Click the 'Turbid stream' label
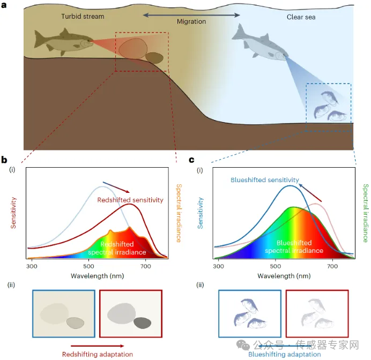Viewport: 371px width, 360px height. [83, 16]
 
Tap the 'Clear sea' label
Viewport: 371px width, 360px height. [301, 17]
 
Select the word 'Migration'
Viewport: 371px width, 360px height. [191, 21]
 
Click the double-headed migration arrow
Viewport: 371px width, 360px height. [191, 15]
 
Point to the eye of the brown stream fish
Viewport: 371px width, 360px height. [89, 41]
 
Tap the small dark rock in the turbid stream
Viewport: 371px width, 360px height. [154, 58]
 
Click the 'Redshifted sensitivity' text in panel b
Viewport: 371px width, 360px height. [130, 200]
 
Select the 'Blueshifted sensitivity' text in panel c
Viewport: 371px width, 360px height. [265, 180]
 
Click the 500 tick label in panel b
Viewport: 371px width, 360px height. [88, 266]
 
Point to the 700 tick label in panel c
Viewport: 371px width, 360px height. [332, 266]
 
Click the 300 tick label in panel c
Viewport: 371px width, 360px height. [218, 266]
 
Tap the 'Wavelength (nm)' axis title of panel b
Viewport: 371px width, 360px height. [97, 276]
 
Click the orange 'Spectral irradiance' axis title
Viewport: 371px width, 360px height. [179, 213]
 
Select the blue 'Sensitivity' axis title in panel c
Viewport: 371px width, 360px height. [201, 213]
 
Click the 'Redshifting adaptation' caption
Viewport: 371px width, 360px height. [98, 354]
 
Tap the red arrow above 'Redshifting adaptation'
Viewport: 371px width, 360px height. [98, 346]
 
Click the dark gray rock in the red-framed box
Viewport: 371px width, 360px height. [143, 323]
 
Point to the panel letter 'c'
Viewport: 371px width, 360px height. [191, 160]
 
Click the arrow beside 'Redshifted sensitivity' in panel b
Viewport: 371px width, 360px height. [116, 187]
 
